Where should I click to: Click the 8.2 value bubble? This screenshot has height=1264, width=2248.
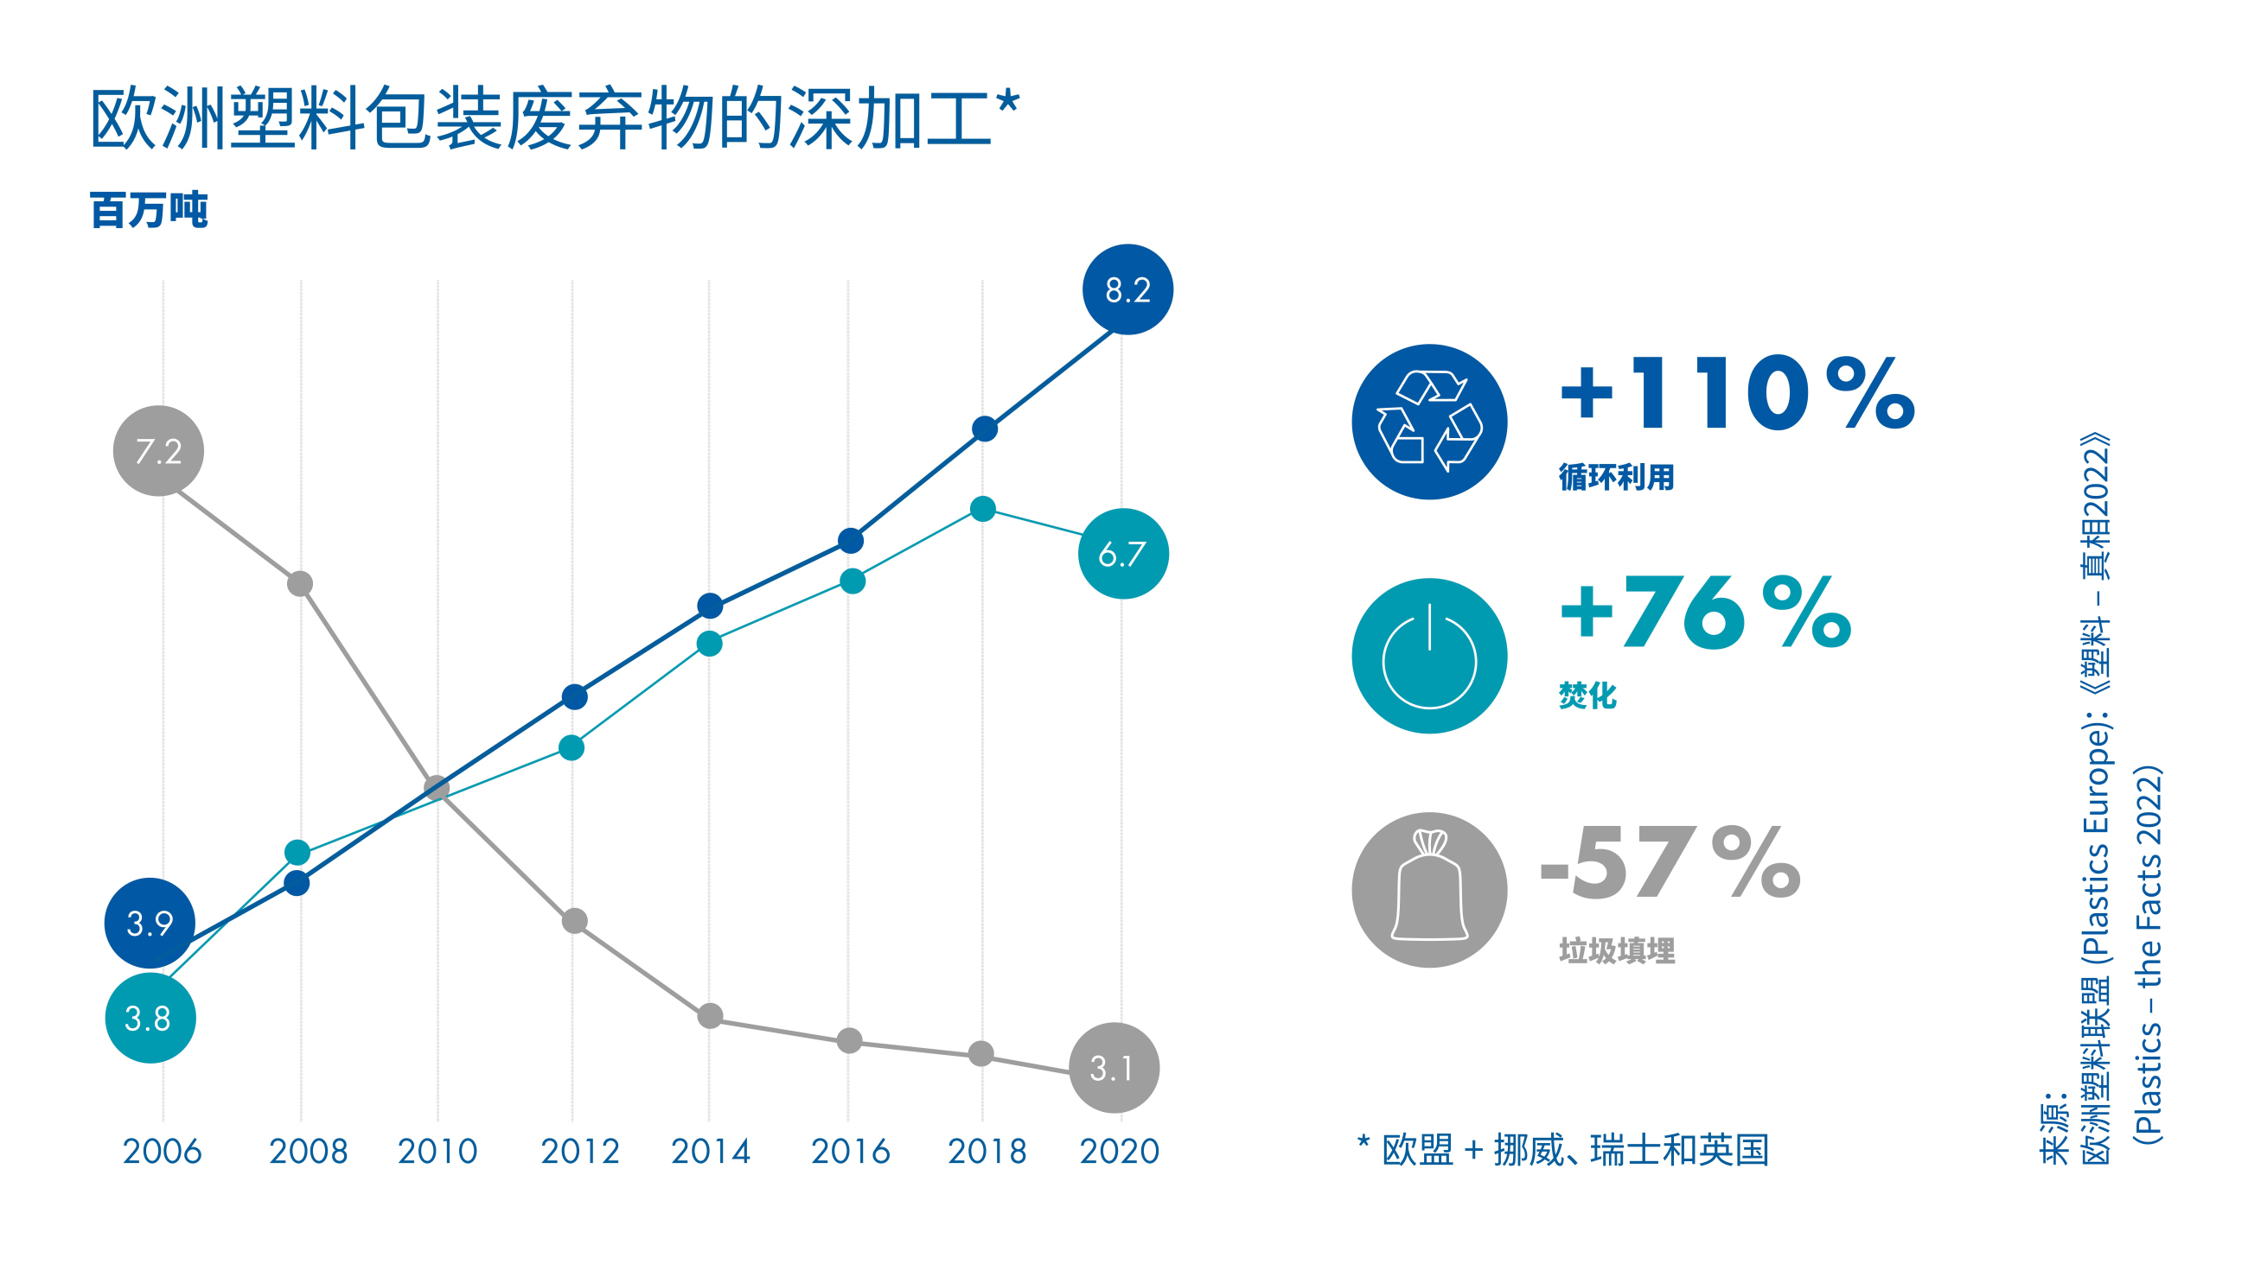[1127, 289]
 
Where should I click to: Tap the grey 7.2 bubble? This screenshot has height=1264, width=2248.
[158, 451]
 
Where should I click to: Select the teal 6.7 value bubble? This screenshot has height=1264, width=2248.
[1122, 554]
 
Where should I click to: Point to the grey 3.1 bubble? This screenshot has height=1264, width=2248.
[1114, 1068]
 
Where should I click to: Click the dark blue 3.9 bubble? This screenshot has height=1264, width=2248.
[150, 923]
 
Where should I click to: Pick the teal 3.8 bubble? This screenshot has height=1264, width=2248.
[150, 1018]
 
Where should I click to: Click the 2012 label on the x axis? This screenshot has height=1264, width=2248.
[579, 1152]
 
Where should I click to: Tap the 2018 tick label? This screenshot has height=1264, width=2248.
[987, 1152]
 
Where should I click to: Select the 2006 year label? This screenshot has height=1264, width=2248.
[163, 1152]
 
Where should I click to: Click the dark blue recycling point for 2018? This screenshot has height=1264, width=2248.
[985, 429]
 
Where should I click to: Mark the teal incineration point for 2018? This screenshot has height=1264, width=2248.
[982, 510]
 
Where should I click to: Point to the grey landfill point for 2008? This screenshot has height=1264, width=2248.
[300, 583]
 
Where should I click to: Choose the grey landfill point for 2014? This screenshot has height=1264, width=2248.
[711, 1015]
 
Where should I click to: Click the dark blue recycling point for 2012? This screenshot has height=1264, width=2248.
[574, 697]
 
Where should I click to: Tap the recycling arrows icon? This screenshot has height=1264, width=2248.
[1428, 422]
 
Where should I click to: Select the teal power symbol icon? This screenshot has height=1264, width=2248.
[1428, 656]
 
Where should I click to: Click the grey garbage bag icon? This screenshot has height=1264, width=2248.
[1428, 890]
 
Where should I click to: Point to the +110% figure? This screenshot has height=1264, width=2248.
[1737, 394]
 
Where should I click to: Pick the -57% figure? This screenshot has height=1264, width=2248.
[1670, 864]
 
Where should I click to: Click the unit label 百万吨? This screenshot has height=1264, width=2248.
[150, 210]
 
